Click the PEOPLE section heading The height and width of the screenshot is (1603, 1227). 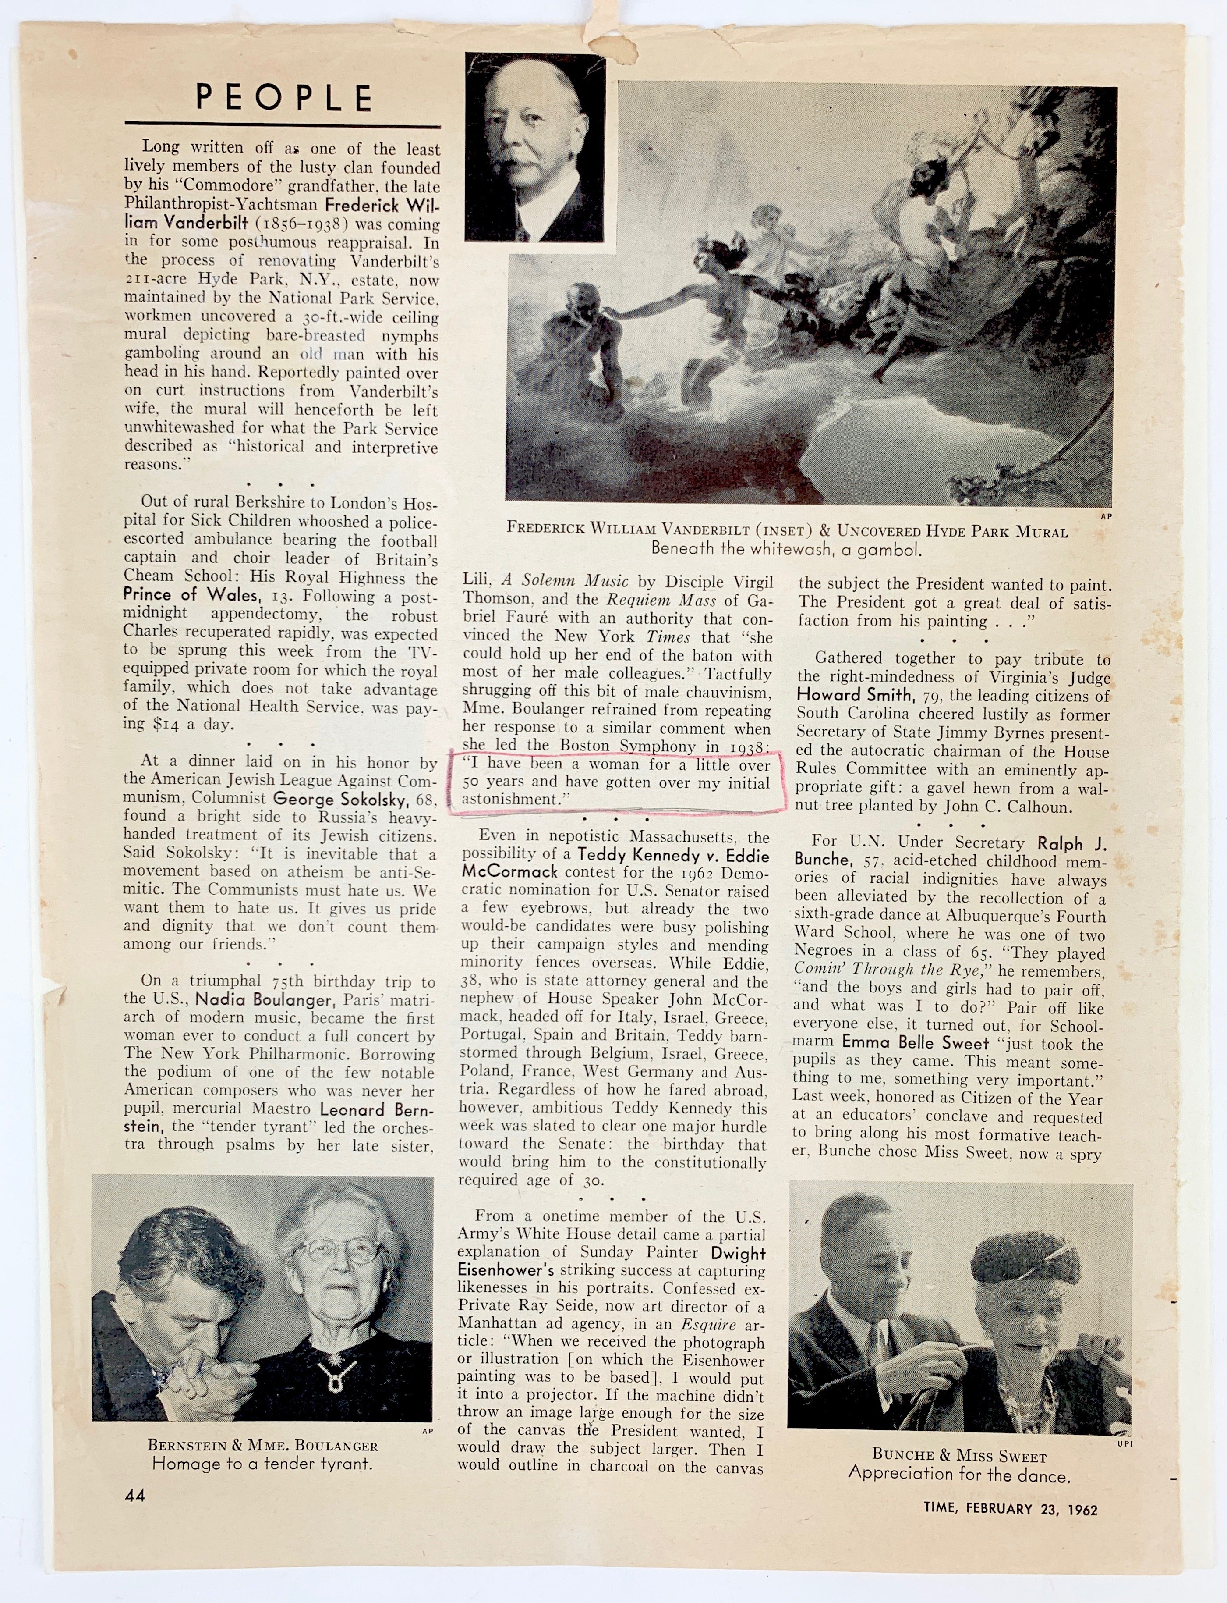point(285,97)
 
